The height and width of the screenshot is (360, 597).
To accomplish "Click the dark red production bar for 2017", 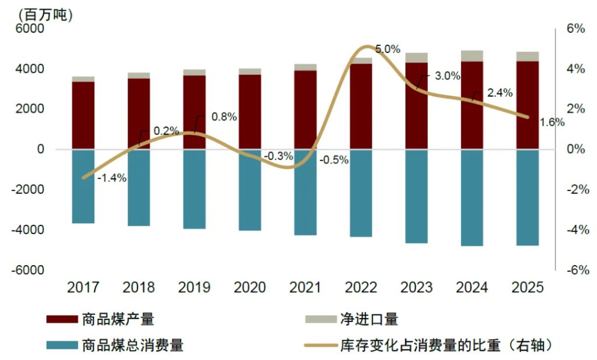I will tap(83, 115).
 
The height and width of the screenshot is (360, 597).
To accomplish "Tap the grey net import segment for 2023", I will tap(416, 58).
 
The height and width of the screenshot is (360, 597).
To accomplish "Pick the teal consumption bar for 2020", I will tap(250, 190).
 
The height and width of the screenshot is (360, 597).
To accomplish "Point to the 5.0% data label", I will tap(388, 50).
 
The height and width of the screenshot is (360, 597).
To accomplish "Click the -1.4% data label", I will tap(111, 178).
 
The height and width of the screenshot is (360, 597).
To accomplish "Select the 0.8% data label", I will tap(224, 117).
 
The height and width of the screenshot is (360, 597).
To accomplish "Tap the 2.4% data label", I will tap(500, 93).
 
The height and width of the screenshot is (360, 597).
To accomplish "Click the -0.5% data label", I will tap(334, 160).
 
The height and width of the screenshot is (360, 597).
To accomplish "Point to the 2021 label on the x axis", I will tap(305, 287).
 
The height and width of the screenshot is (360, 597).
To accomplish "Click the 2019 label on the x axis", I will tap(194, 287).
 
